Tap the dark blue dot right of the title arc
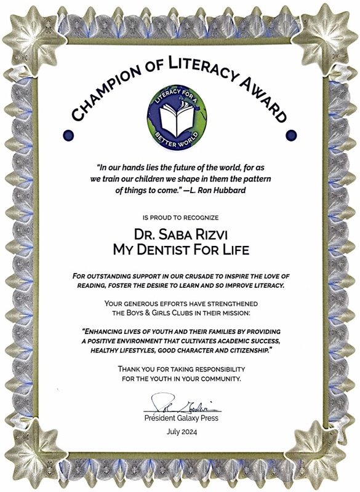tap(292, 134)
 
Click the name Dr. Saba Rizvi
tap(179, 236)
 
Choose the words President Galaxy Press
tap(181, 418)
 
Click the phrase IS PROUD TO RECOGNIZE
tap(179, 218)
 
